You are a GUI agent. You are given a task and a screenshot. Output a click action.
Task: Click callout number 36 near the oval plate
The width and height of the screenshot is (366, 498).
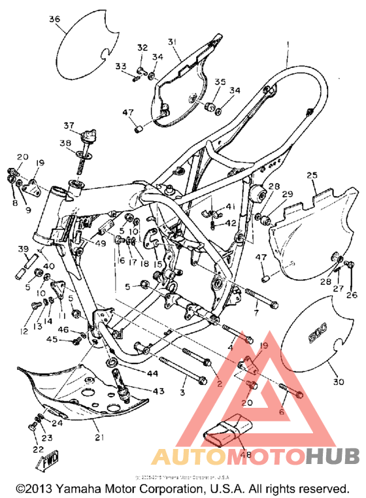54,20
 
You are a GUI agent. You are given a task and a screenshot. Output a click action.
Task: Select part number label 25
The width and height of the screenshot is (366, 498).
312,175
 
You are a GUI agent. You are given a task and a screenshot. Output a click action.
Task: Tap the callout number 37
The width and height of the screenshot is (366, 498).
69,125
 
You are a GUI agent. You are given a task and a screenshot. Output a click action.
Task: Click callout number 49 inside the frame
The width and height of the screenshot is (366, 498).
99,244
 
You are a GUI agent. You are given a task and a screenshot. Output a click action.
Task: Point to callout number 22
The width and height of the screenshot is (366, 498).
37,450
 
